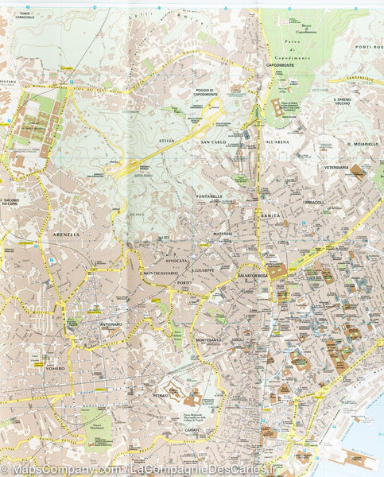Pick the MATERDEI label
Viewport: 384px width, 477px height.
[x=221, y=234]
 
